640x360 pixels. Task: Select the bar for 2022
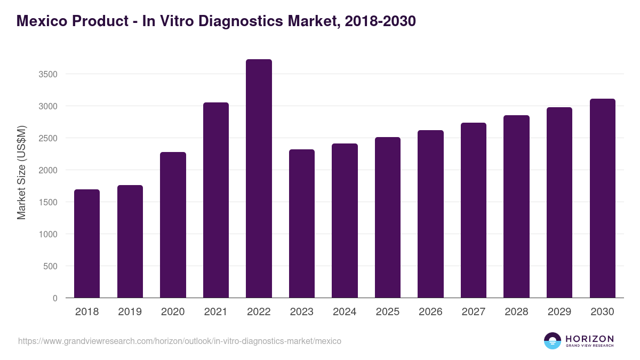(x=259, y=179)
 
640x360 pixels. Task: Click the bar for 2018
(x=87, y=244)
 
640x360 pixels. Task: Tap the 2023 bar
(x=302, y=223)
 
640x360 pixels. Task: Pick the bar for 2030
(x=603, y=198)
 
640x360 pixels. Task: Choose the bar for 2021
(x=216, y=200)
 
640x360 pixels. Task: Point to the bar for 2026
(x=430, y=214)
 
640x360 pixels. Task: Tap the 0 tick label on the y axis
(x=55, y=298)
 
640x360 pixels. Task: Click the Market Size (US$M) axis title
(x=21, y=172)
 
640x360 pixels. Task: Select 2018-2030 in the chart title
(x=380, y=21)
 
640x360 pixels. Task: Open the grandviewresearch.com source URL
(x=180, y=341)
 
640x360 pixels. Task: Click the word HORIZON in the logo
(x=589, y=338)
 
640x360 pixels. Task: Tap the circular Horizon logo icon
(x=553, y=341)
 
